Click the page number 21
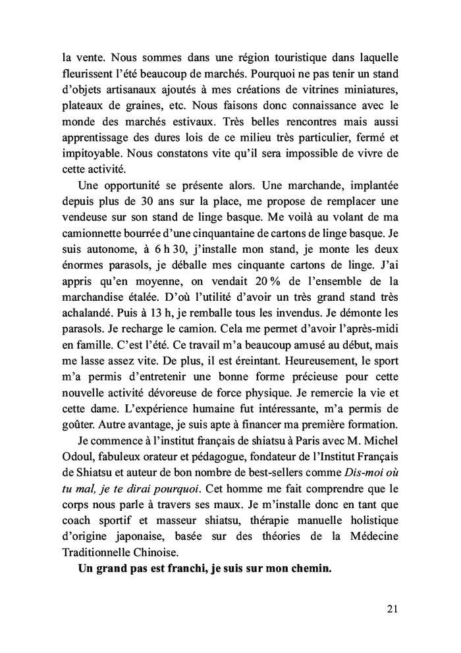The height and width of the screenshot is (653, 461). click(393, 609)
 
